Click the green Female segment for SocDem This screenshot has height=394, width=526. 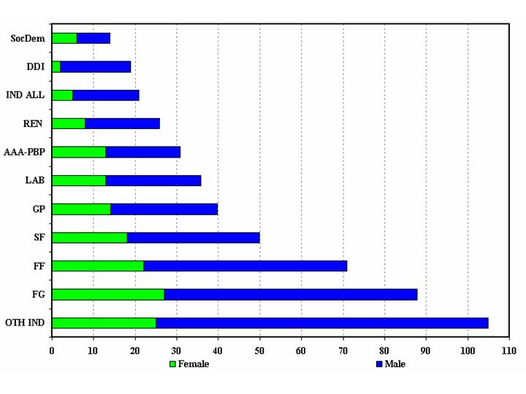[64, 38]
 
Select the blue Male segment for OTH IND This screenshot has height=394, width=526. [321, 322]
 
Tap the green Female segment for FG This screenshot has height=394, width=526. [108, 294]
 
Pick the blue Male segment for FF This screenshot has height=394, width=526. [245, 266]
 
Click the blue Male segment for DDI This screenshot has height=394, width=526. [95, 66]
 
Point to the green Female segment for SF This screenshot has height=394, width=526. [89, 237]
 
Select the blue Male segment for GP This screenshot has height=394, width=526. [164, 209]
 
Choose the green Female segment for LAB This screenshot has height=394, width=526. [79, 180]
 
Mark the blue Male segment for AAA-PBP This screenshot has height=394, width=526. [142, 152]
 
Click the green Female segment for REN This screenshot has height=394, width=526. [69, 123]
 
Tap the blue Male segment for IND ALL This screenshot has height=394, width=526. [105, 95]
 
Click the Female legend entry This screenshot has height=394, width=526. [189, 363]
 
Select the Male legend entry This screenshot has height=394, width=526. [390, 363]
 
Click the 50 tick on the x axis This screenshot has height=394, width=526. [259, 350]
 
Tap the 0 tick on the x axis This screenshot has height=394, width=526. [52, 350]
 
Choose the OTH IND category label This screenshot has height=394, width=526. [25, 322]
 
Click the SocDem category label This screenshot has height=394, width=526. [28, 38]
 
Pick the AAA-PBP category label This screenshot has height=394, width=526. [25, 152]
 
